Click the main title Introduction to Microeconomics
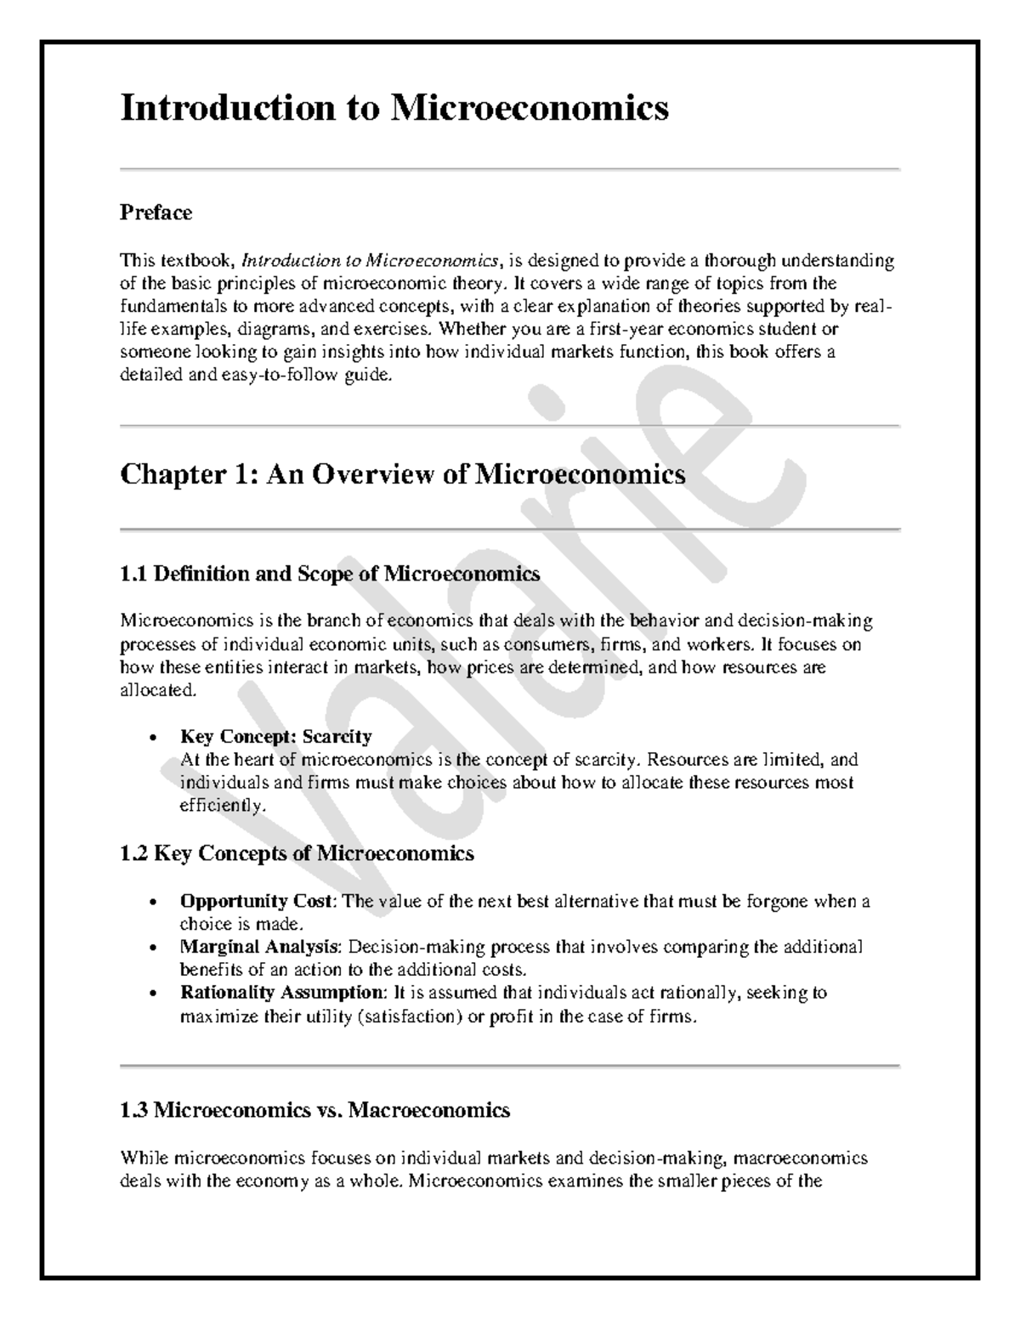pyautogui.click(x=394, y=109)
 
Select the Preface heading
pyautogui.click(x=156, y=212)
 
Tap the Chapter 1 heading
pyautogui.click(x=402, y=473)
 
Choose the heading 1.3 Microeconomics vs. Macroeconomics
pyautogui.click(x=314, y=1110)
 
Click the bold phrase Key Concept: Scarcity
pyautogui.click(x=275, y=736)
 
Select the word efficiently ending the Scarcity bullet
pyautogui.click(x=223, y=806)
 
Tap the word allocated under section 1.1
pyautogui.click(x=158, y=690)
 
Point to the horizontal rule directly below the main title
pyautogui.click(x=510, y=170)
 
